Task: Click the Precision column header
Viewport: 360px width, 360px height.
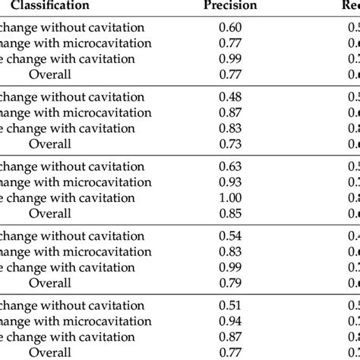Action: (230, 5)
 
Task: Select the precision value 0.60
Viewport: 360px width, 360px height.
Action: (230, 28)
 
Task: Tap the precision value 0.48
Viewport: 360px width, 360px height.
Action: (230, 97)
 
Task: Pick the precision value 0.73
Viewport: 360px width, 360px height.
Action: (230, 144)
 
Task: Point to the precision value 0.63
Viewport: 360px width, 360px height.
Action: (230, 167)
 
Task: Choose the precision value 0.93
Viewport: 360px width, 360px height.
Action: (230, 182)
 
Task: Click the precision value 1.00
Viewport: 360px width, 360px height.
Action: (230, 197)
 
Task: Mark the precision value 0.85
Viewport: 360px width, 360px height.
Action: (230, 213)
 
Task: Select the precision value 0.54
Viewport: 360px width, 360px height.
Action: (230, 237)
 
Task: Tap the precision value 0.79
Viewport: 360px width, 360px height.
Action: (230, 283)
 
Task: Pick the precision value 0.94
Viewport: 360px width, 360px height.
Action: (230, 322)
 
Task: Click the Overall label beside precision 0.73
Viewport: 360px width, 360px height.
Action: (50, 144)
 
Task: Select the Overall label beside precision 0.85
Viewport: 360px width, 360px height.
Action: (50, 213)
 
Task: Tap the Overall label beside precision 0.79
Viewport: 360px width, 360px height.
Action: (50, 283)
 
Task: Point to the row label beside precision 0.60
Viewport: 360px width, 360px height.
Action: (72, 28)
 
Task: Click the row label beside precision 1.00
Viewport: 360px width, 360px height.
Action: (68, 197)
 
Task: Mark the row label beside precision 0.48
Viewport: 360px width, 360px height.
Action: (72, 97)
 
